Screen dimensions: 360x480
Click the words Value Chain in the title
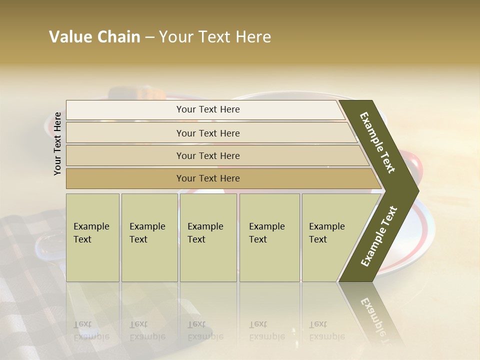[x=94, y=37]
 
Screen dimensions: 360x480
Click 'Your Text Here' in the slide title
[x=215, y=37]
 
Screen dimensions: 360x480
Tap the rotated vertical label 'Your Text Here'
[x=57, y=143]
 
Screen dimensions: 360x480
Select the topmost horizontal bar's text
[x=208, y=109]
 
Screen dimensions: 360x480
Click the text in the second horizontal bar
[x=208, y=133]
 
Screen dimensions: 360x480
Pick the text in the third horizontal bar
[x=208, y=156]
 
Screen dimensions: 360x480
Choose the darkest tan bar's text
[x=208, y=178]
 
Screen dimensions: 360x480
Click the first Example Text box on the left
[x=91, y=233]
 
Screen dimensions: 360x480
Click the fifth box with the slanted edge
[x=327, y=233]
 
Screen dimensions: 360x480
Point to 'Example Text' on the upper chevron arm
[x=378, y=142]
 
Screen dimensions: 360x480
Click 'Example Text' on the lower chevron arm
[x=379, y=236]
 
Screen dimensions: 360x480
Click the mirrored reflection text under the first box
[x=91, y=330]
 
